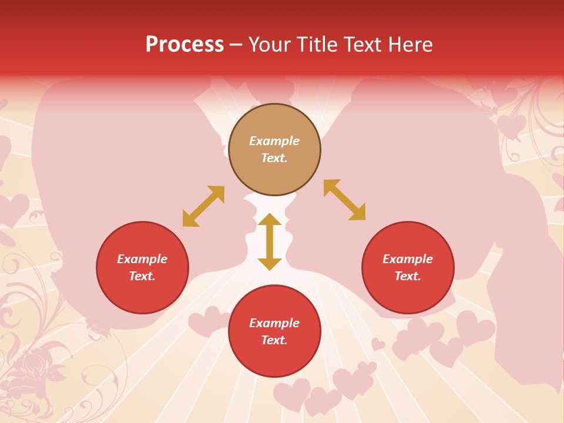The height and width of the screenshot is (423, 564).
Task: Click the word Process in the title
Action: [x=184, y=45]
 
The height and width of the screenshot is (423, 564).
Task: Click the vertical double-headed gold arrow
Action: [x=270, y=241]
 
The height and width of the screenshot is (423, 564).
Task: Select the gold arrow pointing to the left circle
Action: [x=203, y=206]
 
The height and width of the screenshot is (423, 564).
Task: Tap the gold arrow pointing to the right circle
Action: [x=344, y=200]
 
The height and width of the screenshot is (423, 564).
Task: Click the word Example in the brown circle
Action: [x=274, y=141]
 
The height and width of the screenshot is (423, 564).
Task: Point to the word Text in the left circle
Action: [x=142, y=276]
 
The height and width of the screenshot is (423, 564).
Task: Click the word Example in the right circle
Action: [x=408, y=259]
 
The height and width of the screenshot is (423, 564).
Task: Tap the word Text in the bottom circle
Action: [x=274, y=340]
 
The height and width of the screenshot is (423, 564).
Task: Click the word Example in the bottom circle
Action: [x=274, y=323]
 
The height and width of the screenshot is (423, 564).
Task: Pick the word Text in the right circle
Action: [x=408, y=276]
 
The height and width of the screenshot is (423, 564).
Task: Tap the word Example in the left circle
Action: [x=142, y=259]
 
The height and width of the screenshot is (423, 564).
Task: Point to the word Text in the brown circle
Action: [x=274, y=158]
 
